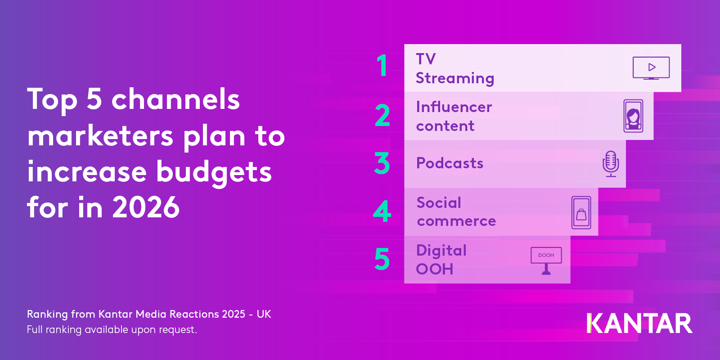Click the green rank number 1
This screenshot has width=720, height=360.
click(382, 66)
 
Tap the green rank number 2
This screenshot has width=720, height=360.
click(382, 115)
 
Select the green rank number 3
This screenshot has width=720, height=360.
click(382, 163)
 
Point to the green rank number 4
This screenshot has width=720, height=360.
click(382, 211)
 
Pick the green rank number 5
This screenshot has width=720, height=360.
click(382, 259)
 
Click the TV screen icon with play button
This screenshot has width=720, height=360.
click(651, 67)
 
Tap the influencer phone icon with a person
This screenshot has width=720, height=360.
click(633, 116)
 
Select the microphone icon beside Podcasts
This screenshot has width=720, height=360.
click(611, 163)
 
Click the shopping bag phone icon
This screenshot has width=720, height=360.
click(581, 213)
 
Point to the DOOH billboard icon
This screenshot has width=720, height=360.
click(546, 261)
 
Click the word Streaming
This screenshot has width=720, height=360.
click(454, 78)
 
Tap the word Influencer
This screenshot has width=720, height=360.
click(454, 107)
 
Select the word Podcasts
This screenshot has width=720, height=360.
click(450, 163)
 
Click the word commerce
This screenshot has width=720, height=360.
click(456, 221)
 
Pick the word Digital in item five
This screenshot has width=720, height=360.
click(441, 251)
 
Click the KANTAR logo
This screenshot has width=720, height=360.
click(639, 324)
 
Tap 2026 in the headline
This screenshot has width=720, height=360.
click(146, 207)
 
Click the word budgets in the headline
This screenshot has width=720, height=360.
click(214, 172)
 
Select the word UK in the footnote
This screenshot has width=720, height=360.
click(264, 314)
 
